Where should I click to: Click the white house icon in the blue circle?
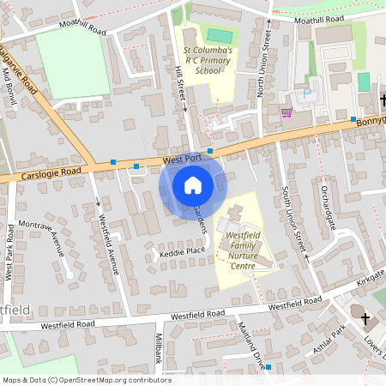click(193, 184)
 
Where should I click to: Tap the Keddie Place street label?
click(182, 252)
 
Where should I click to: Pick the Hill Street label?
click(181, 85)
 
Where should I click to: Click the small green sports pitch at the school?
click(220, 36)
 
